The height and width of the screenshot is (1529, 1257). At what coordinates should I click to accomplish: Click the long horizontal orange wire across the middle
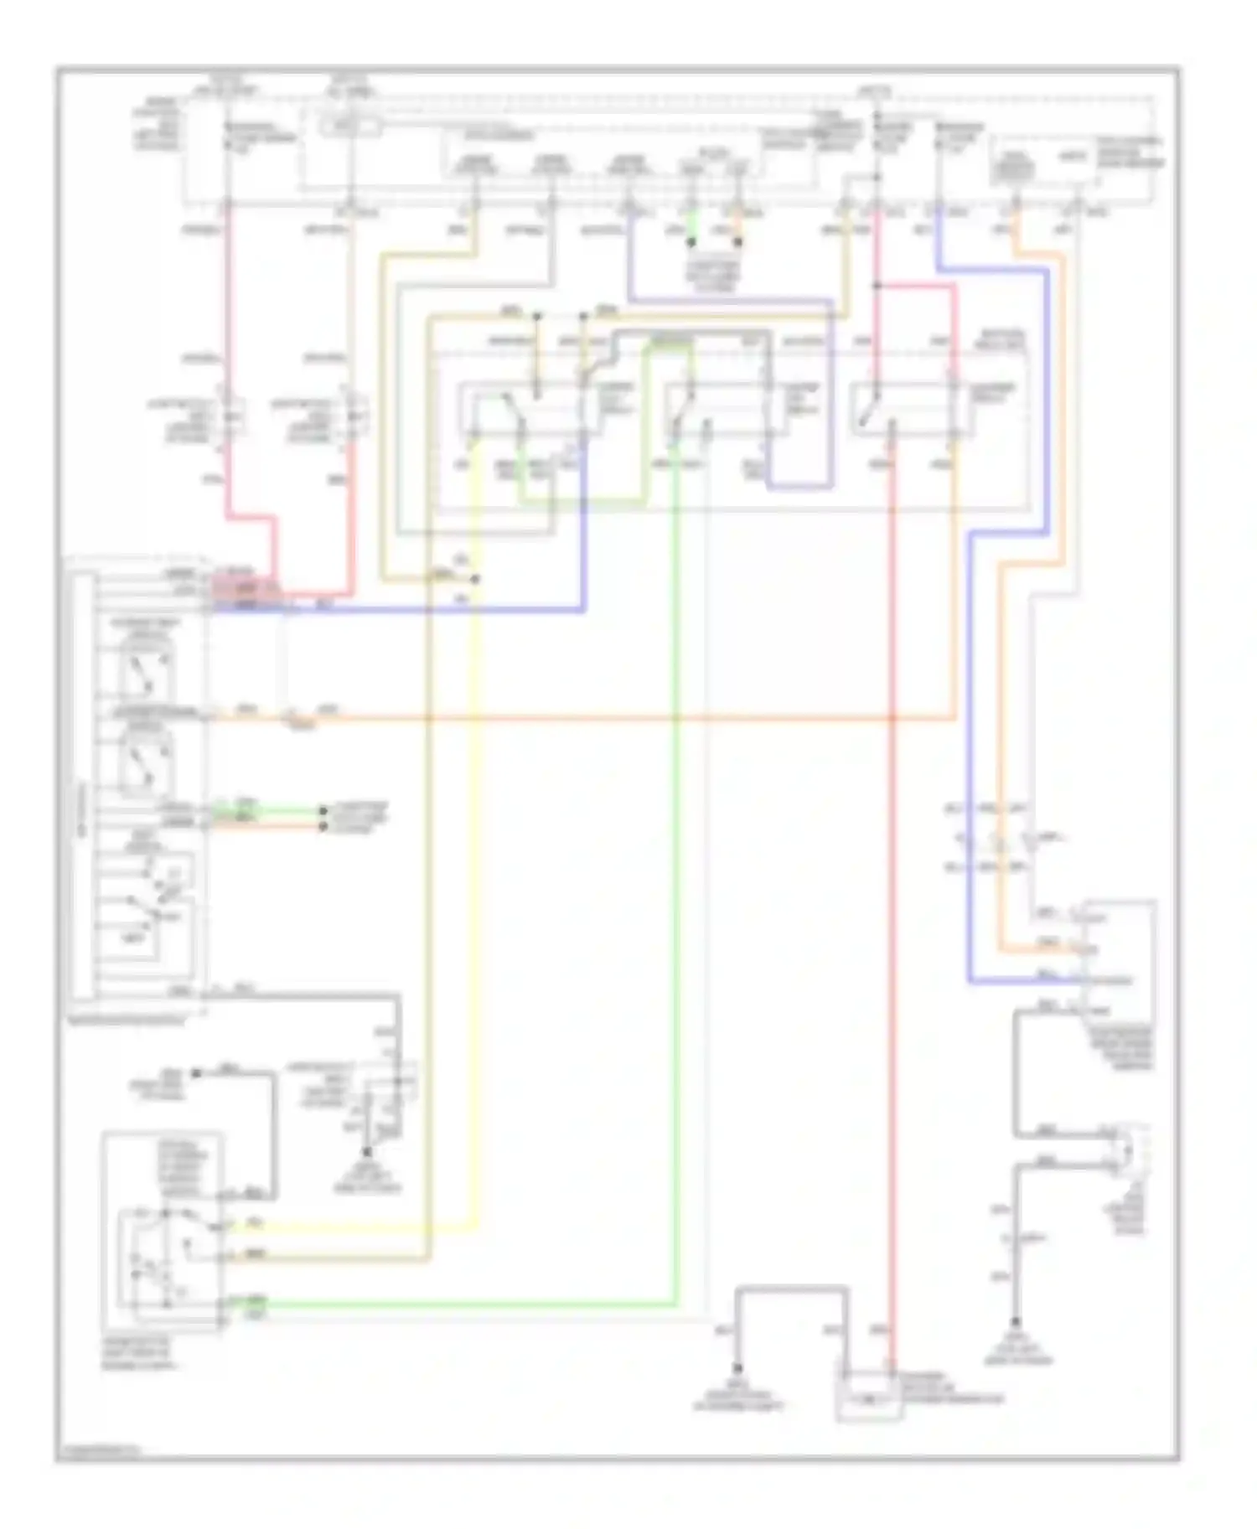point(587,718)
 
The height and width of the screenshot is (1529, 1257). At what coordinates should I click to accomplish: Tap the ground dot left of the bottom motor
point(737,1366)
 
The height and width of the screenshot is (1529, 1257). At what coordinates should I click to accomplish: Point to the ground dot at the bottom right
point(1016,1341)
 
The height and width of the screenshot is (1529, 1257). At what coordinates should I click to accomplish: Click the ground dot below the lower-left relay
point(366,1153)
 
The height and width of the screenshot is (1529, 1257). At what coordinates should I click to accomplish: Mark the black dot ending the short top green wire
point(691,243)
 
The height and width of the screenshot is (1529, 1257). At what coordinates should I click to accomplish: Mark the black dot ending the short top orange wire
point(738,243)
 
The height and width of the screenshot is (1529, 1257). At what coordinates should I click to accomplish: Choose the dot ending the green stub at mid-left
point(323,810)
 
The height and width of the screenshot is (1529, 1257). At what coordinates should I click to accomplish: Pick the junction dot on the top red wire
point(876,286)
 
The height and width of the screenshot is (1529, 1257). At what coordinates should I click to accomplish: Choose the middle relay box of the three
point(725,410)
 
